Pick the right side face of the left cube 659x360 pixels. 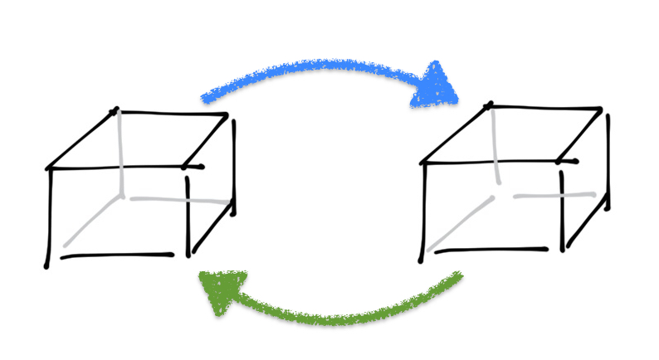pos(210,187)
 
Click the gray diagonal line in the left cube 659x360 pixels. pos(92,221)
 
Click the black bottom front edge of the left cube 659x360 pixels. pos(116,255)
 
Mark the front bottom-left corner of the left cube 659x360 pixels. pos(47,264)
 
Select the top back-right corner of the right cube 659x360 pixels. pos(602,109)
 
